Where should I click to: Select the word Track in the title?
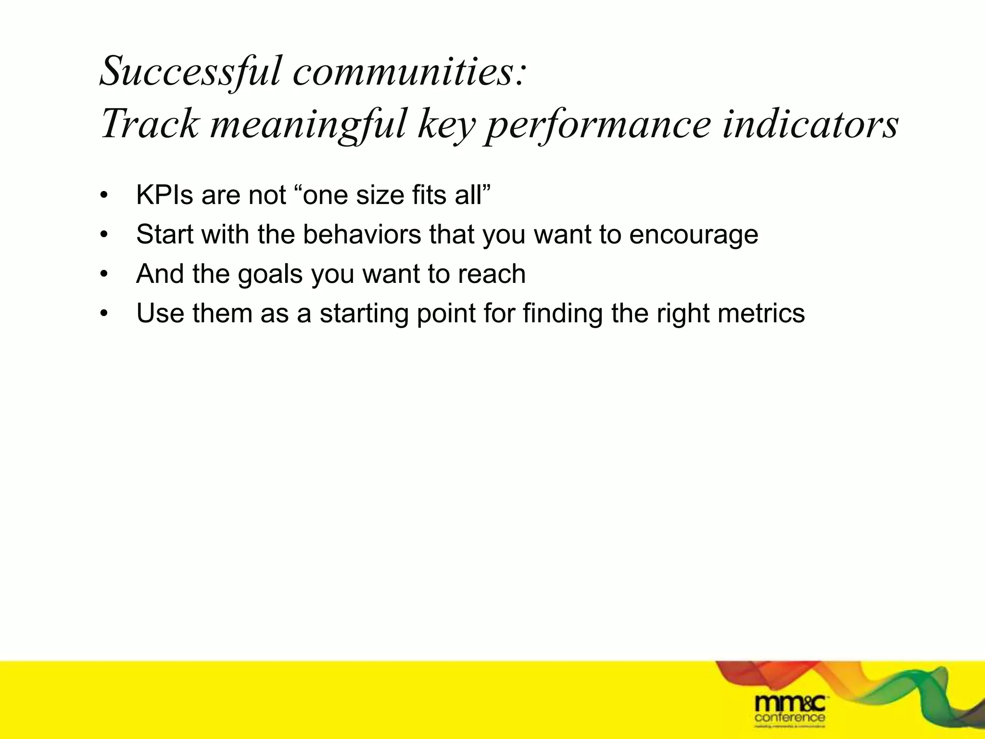click(x=149, y=124)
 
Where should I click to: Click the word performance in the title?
click(x=598, y=124)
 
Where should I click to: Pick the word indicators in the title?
click(x=810, y=124)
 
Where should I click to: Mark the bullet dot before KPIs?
click(x=103, y=196)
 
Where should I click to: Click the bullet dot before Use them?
click(x=103, y=315)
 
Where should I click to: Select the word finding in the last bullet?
click(x=562, y=314)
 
